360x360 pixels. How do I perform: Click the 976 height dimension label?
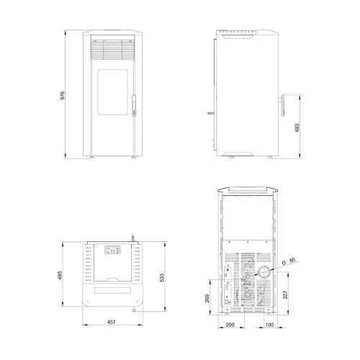63,95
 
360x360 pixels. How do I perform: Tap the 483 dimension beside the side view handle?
297,127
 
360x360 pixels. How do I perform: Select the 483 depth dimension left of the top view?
60,276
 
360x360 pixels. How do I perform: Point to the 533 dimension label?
162,278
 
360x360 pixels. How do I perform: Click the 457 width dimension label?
112,322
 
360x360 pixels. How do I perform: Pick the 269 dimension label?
207,298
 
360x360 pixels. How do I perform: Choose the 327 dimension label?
285,294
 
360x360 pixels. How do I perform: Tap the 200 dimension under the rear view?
230,325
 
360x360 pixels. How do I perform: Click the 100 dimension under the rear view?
269,325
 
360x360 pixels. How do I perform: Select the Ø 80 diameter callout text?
289,261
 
